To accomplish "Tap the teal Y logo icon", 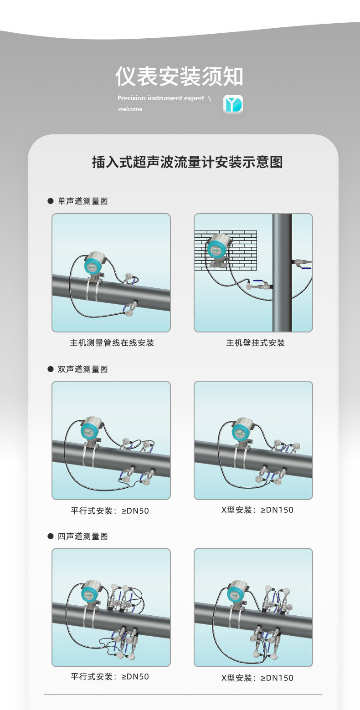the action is [233, 104].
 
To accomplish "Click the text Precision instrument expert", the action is [161, 98].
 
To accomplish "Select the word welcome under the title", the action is [130, 109].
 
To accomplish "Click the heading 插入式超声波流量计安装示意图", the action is [187, 162].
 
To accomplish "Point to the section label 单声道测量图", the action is [82, 201].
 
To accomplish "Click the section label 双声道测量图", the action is [82, 369].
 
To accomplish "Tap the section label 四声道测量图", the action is [82, 536].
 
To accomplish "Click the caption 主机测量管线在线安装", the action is [112, 342].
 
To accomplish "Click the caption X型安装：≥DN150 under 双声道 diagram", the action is [257, 510].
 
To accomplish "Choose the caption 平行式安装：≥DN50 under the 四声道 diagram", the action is [110, 677].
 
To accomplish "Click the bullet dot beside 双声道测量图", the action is [51, 369].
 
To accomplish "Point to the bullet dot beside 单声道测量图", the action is [51, 201].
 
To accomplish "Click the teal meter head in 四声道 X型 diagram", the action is [235, 594].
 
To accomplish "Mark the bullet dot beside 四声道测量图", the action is [51, 536].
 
